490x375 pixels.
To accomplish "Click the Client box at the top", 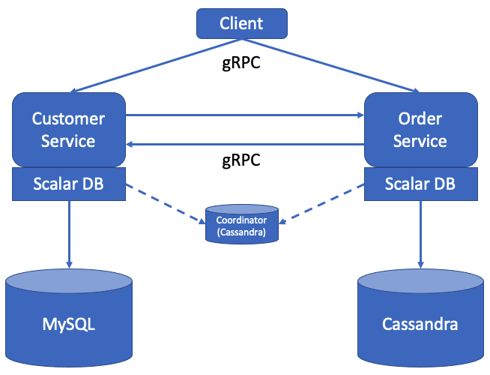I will [241, 23].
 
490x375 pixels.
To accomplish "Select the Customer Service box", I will [68, 130].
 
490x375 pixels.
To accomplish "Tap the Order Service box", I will [420, 130].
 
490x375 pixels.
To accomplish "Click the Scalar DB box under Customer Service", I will [68, 184].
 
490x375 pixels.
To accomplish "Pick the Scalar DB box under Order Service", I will [420, 184].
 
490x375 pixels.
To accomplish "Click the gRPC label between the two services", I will [241, 160].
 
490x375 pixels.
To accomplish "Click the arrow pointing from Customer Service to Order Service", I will [244, 115].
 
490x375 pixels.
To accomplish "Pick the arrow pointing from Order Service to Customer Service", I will [244, 143].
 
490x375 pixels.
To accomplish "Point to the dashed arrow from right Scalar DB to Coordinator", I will [322, 203].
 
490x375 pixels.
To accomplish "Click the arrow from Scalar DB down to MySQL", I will [69, 232].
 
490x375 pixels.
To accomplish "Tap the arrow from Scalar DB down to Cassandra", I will [420, 232].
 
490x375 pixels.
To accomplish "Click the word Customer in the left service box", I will [68, 118].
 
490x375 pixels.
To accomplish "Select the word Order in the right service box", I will [420, 118].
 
